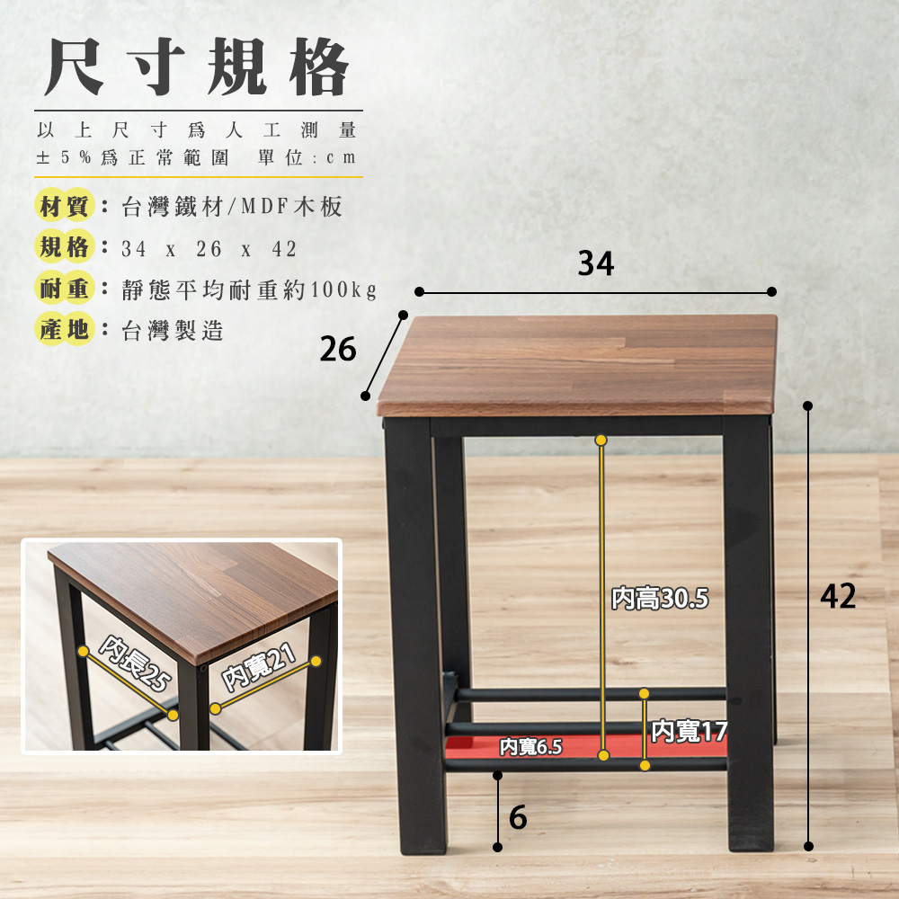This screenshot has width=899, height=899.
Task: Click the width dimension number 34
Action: (596, 263)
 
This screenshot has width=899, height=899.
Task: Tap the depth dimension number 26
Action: (338, 349)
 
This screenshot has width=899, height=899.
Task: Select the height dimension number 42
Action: (838, 596)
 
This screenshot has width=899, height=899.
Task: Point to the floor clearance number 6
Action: (518, 817)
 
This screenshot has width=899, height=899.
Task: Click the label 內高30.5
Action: (660, 599)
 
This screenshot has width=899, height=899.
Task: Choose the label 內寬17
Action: (690, 731)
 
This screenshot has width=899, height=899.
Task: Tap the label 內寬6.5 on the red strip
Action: (531, 747)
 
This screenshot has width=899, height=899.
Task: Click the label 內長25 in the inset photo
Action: (136, 663)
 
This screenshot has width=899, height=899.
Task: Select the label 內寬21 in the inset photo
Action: (259, 667)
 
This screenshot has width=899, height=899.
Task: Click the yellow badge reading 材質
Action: (64, 205)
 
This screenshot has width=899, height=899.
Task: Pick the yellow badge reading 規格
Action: (64, 247)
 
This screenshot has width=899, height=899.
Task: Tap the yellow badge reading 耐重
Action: (64, 289)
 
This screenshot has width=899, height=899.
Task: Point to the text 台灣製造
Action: (173, 331)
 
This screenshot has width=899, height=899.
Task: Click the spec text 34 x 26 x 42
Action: (209, 249)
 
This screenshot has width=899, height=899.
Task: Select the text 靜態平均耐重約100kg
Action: (249, 289)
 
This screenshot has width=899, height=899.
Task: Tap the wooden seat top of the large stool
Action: (577, 365)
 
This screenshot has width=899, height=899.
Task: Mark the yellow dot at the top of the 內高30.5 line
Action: (601, 441)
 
